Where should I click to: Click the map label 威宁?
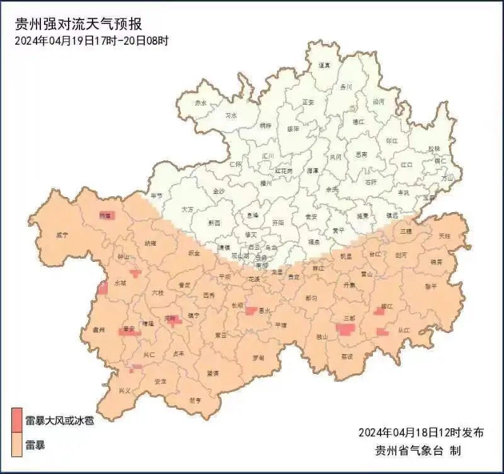pyautogui.click(x=61, y=235)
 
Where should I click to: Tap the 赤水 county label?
pyautogui.click(x=200, y=103)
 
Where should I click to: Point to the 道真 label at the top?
pyautogui.click(x=324, y=65)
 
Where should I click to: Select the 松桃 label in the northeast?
pyautogui.click(x=434, y=149)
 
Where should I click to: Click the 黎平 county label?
pyautogui.click(x=430, y=286)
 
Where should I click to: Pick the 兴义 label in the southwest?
pyautogui.click(x=125, y=390)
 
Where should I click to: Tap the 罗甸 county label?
pyautogui.click(x=258, y=358)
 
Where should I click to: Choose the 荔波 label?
pyautogui.click(x=347, y=356)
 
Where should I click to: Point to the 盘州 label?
pyautogui.click(x=98, y=329)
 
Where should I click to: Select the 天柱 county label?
pyautogui.click(x=444, y=235)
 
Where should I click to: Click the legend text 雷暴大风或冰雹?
pyautogui.click(x=59, y=420)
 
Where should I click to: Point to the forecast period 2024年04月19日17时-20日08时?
pyautogui.click(x=92, y=41)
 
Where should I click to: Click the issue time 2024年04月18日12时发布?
pyautogui.click(x=421, y=432)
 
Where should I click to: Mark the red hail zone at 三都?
pyautogui.click(x=346, y=329)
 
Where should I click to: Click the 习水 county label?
pyautogui.click(x=231, y=116)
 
